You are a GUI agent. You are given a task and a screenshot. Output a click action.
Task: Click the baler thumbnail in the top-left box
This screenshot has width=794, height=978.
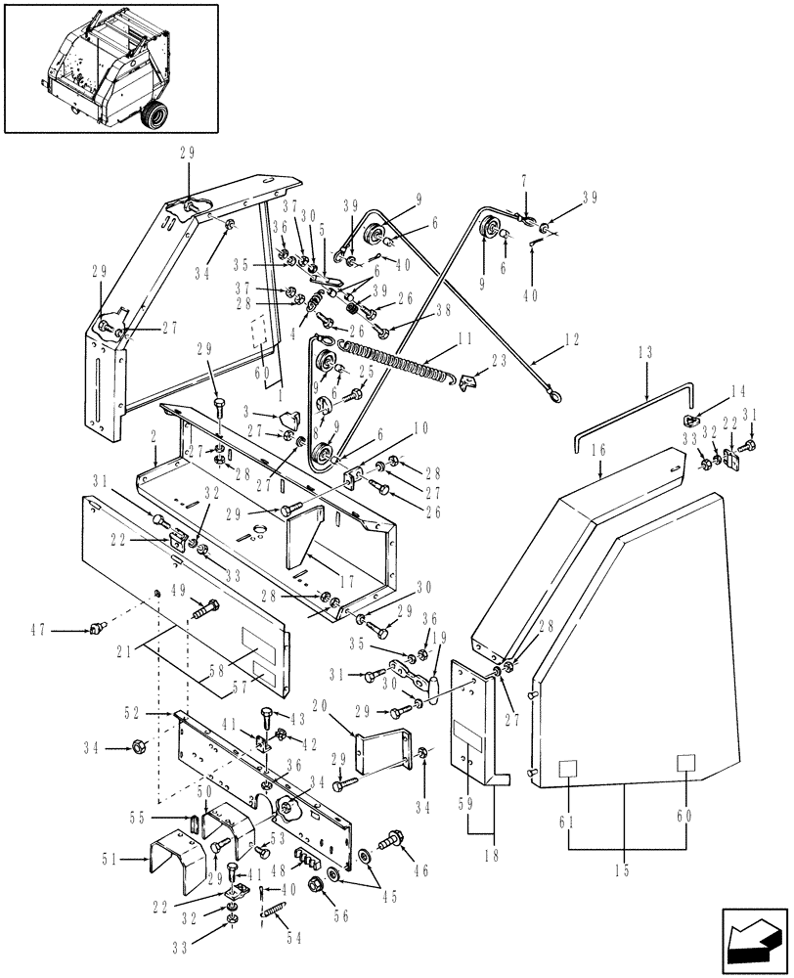108,66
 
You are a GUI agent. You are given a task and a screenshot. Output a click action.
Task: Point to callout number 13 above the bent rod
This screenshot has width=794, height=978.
646,352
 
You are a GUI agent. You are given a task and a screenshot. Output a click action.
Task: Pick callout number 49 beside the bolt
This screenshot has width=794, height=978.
180,590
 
